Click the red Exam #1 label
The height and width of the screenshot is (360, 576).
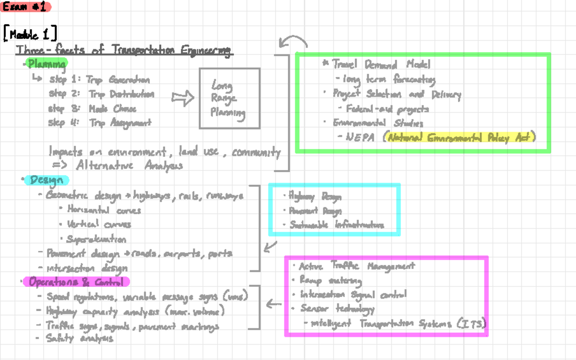(x=25, y=7)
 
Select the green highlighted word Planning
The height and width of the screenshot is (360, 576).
(x=46, y=63)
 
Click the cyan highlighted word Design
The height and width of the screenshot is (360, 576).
(x=47, y=180)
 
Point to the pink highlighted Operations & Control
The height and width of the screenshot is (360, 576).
(x=77, y=282)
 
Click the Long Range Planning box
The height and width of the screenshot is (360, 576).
(x=229, y=99)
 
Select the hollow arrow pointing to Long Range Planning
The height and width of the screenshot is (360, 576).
(x=182, y=98)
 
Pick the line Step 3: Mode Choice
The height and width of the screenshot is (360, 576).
(x=92, y=109)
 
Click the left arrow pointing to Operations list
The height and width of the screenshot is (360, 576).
(x=274, y=303)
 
